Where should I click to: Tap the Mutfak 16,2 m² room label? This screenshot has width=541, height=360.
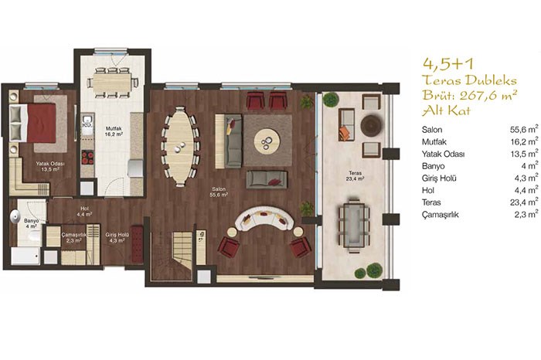pyautogui.click(x=114, y=131)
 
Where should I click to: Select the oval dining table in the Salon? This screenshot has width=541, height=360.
pyautogui.click(x=180, y=146)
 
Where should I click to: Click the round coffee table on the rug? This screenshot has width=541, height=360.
pyautogui.click(x=267, y=140)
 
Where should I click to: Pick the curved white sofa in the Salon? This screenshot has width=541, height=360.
pyautogui.click(x=264, y=219)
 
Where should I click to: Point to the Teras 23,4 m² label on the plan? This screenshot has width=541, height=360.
pyautogui.click(x=355, y=175)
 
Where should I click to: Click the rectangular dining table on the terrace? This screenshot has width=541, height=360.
pyautogui.click(x=354, y=224)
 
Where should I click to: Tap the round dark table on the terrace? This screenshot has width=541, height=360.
pyautogui.click(x=371, y=125)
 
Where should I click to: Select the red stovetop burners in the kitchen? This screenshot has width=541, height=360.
pyautogui.click(x=87, y=158)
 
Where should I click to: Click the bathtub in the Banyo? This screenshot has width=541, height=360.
pyautogui.click(x=26, y=256)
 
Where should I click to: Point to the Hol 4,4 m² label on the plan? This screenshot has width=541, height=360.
pyautogui.click(x=84, y=211)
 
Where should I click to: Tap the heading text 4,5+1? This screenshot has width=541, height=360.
pyautogui.click(x=449, y=63)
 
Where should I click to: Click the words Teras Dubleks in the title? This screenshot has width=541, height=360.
pyautogui.click(x=470, y=80)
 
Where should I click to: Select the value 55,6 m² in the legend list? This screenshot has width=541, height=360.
pyautogui.click(x=524, y=129)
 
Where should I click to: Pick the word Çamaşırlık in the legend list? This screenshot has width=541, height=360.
pyautogui.click(x=440, y=215)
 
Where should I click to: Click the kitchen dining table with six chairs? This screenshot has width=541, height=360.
pyautogui.click(x=111, y=83)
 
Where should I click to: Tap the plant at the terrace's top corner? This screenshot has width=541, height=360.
pyautogui.click(x=331, y=100)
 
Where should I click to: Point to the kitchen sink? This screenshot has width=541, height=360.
pyautogui.click(x=87, y=121)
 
